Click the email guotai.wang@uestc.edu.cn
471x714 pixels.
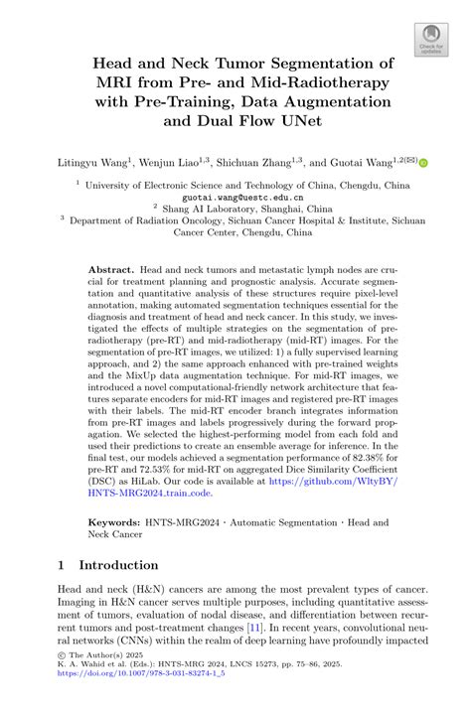click(235, 197)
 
